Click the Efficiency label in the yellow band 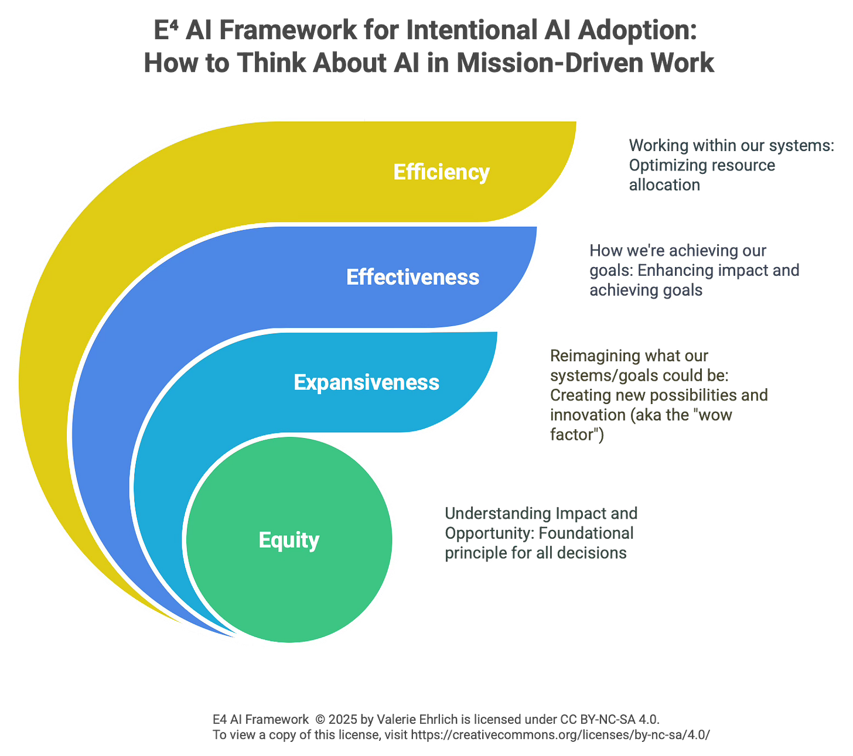[441, 172]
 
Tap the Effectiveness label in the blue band [412, 277]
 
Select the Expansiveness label [366, 382]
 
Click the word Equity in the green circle [289, 540]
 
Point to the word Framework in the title [287, 30]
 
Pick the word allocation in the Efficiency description [664, 185]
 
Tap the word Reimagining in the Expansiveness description [594, 356]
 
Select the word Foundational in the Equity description [585, 533]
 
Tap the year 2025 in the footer [342, 719]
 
